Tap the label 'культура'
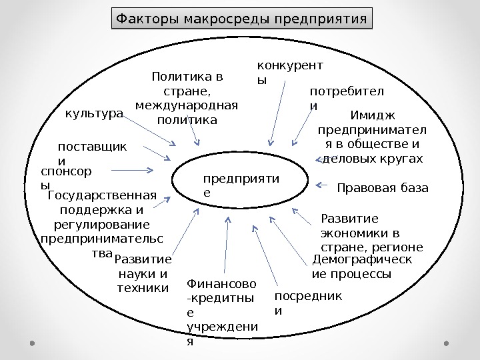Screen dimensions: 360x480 click(x=94, y=114)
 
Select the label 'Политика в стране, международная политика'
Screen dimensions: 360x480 click(x=186, y=99)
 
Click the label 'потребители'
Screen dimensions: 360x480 click(x=347, y=98)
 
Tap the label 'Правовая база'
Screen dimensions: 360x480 click(x=383, y=188)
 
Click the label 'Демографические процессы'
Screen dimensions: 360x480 click(x=362, y=267)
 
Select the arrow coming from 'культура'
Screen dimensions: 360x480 click(x=150, y=132)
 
